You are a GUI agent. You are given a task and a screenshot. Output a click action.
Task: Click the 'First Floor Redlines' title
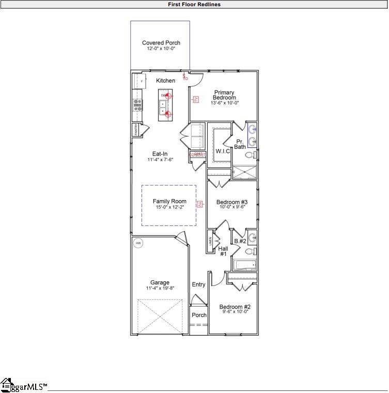click(194, 4)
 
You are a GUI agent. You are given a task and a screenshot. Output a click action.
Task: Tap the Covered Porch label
click(161, 43)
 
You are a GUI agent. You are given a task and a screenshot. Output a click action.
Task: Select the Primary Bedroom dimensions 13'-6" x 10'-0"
click(224, 103)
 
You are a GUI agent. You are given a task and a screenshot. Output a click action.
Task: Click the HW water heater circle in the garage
click(138, 243)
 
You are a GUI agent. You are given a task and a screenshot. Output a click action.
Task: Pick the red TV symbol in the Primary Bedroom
click(196, 99)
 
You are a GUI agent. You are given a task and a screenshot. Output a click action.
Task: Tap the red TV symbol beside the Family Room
click(198, 205)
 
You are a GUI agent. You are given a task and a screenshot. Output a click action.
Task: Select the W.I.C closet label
click(223, 151)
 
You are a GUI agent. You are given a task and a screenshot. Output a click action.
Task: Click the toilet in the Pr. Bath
click(251, 155)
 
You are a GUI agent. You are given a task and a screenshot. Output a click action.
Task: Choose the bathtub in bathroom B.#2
click(244, 266)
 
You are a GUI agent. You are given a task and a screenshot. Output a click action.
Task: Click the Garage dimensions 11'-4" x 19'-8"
click(160, 288)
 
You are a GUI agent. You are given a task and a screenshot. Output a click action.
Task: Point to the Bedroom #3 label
click(232, 202)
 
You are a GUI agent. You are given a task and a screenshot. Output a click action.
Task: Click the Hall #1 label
click(223, 251)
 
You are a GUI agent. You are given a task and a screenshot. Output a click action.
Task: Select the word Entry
click(198, 284)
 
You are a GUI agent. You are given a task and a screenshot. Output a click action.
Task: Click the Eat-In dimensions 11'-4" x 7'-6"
click(160, 160)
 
